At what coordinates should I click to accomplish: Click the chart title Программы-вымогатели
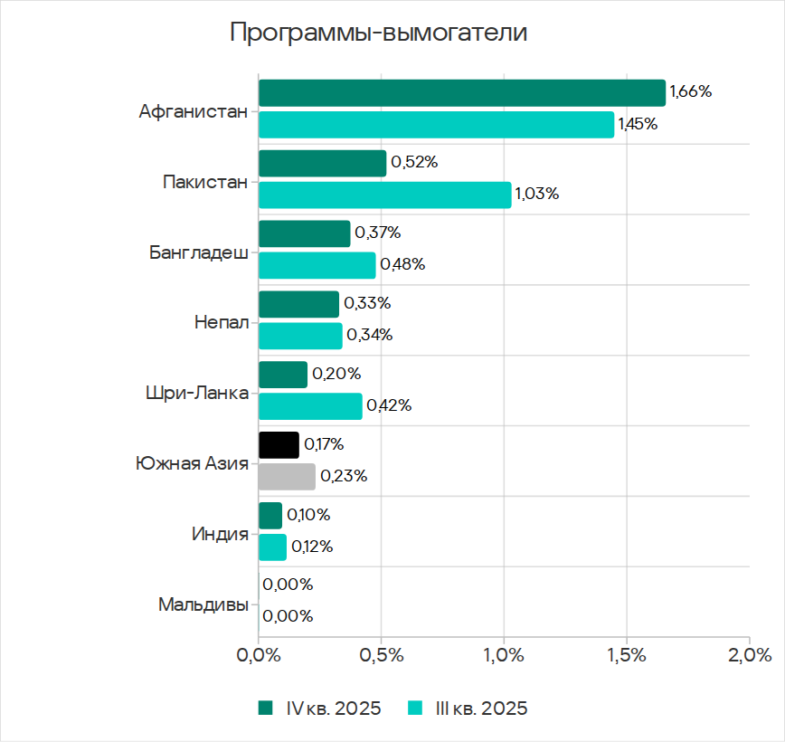coord(378,33)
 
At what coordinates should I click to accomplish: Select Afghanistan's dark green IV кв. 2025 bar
coord(461,92)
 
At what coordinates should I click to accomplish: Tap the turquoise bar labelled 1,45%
coord(436,124)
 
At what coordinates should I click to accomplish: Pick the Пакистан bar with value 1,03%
coord(384,195)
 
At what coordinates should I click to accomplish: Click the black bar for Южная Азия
coord(279,444)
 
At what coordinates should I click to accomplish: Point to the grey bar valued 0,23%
coord(287,476)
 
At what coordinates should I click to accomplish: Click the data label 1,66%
coord(691,91)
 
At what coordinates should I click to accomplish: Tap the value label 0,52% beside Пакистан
coord(414,163)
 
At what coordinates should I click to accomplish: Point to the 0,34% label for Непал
coord(370,335)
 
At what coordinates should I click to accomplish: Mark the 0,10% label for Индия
coord(308,515)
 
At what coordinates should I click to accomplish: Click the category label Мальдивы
coord(203,604)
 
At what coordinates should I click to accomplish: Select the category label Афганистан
coord(193,112)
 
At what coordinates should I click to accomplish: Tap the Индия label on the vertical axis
coord(220,534)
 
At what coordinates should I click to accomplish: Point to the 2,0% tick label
coord(749,655)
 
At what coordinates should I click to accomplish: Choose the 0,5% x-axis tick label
coord(381,655)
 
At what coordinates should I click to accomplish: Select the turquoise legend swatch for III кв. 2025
coord(417,709)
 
